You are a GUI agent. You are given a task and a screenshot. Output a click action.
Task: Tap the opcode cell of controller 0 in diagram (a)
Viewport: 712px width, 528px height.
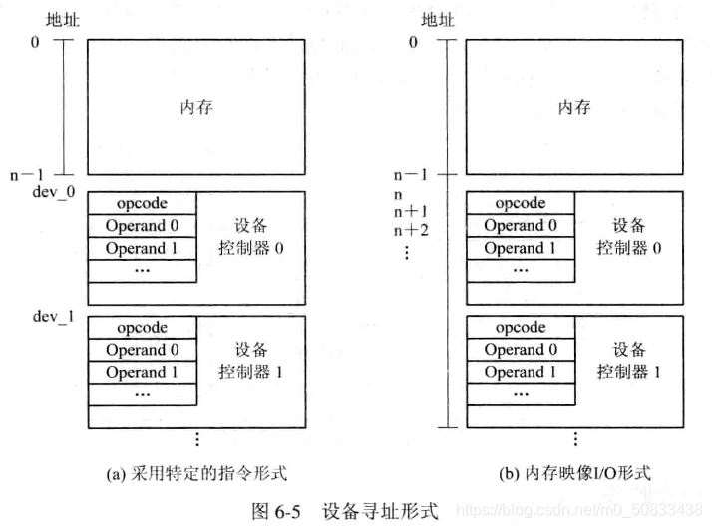(x=142, y=203)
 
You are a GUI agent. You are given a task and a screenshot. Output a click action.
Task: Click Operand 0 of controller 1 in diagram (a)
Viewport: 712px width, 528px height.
(x=142, y=350)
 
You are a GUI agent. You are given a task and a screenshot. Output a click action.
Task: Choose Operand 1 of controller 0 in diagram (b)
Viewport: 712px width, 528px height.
(x=521, y=248)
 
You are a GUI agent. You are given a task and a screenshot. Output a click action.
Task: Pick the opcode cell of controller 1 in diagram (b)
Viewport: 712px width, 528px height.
(x=521, y=327)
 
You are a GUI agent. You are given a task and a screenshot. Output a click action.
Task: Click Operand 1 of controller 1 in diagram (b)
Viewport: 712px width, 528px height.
(x=521, y=373)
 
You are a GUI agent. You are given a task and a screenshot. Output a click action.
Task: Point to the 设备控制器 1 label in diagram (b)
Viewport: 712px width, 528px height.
(x=629, y=361)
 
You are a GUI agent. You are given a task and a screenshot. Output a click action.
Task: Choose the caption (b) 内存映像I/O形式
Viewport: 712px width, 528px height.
(x=573, y=473)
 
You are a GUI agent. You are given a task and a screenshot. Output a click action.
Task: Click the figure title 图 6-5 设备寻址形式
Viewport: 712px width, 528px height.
(x=344, y=511)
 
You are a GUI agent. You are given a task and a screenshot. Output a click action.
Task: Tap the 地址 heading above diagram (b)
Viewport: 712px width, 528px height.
(x=437, y=19)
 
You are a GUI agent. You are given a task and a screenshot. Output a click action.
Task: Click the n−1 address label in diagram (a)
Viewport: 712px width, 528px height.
(x=27, y=174)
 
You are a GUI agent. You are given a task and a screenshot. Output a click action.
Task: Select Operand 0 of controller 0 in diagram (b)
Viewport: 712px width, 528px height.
(x=521, y=225)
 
